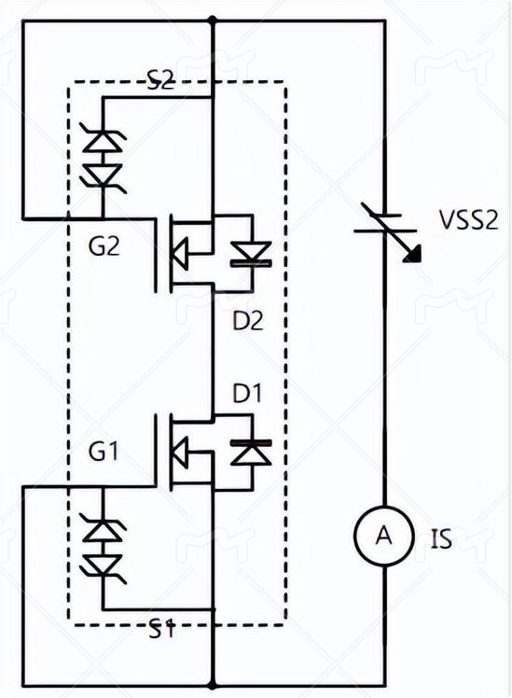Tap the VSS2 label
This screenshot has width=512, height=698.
[468, 219]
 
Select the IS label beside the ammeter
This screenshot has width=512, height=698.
[441, 538]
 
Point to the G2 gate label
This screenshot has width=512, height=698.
[104, 245]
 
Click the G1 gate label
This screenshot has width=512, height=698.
[104, 452]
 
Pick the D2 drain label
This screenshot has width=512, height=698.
[248, 320]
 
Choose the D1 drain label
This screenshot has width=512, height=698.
[247, 393]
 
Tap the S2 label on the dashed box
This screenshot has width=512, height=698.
[161, 80]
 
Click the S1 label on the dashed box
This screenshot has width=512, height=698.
[161, 629]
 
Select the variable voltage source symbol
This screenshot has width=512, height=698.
[385, 230]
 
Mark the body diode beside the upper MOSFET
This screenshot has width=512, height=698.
[251, 255]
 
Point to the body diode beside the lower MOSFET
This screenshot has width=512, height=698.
[251, 453]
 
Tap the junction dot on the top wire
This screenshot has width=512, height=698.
[213, 20]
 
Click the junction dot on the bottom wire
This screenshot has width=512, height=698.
[213, 686]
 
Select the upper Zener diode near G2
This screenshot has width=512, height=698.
[103, 141]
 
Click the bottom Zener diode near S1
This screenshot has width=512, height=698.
[103, 566]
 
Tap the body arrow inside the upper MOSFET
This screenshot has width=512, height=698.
[180, 253]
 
